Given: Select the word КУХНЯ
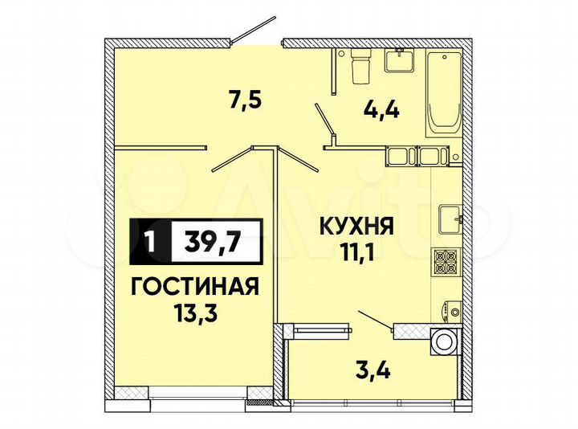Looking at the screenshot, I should click(x=358, y=227).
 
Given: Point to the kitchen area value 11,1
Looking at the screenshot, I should click(x=358, y=255).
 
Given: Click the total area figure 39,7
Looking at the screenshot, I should click(x=215, y=239).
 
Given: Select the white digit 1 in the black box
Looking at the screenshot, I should click(x=149, y=239).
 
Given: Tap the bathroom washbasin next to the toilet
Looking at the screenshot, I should click(x=397, y=59).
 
